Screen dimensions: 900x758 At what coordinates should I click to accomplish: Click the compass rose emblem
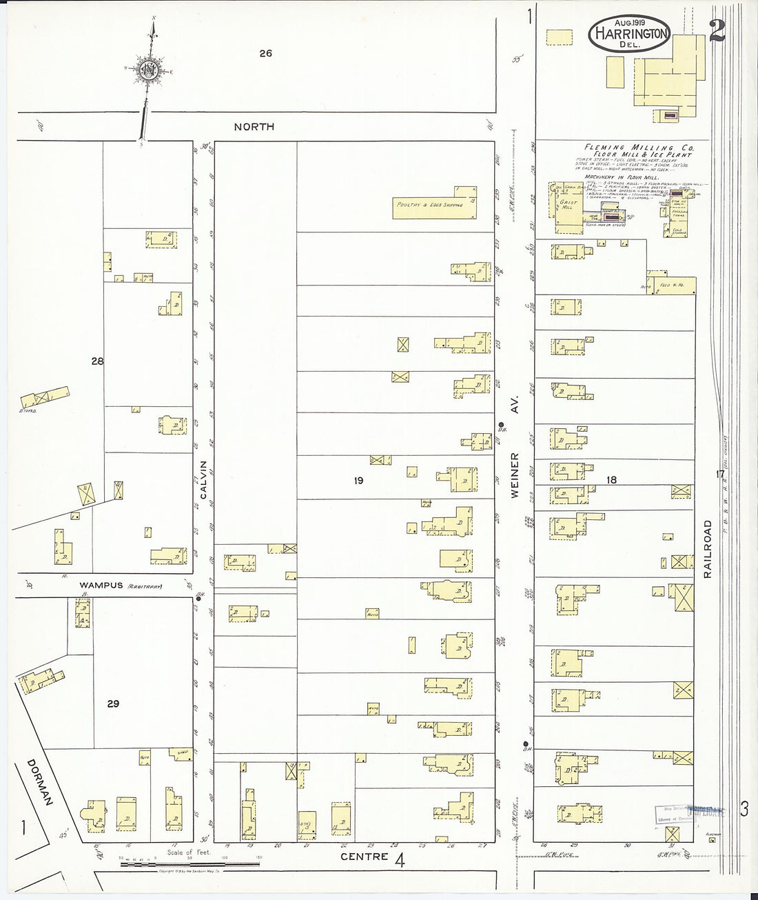click(x=149, y=69)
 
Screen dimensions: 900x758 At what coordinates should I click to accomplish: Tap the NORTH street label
click(x=254, y=127)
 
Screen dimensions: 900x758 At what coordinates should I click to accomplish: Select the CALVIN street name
click(x=204, y=480)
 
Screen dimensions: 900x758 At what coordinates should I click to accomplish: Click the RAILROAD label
click(x=707, y=549)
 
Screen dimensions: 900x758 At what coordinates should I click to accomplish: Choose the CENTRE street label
click(x=364, y=857)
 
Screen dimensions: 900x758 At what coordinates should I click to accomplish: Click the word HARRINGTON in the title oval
click(x=629, y=33)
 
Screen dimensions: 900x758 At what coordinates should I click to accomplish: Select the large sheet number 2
click(x=717, y=31)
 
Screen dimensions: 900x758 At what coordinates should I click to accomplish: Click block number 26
click(x=265, y=53)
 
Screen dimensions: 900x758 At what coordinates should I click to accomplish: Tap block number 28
click(x=97, y=361)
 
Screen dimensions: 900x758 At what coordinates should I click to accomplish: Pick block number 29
click(x=113, y=703)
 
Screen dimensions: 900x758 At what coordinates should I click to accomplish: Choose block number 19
click(x=358, y=480)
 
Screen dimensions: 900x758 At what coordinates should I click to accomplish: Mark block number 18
click(x=611, y=479)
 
